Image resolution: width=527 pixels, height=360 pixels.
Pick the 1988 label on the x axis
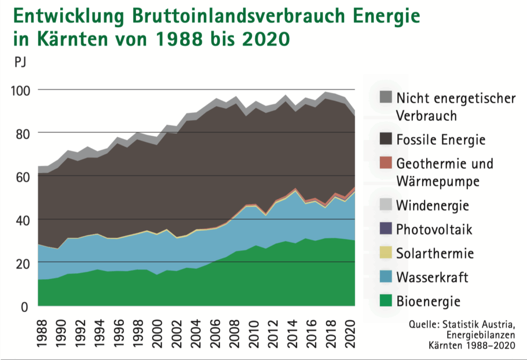42,332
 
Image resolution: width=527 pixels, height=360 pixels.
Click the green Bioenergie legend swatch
385,300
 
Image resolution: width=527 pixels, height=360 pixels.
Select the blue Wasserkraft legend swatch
385,277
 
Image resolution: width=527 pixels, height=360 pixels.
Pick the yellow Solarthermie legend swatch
385,253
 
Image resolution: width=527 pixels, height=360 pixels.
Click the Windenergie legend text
432,206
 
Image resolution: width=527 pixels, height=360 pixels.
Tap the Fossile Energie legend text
441,139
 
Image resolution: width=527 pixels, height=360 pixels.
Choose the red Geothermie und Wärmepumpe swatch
385,163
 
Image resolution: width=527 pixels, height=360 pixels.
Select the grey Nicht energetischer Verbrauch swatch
385,97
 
